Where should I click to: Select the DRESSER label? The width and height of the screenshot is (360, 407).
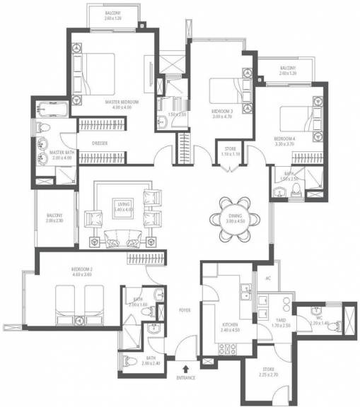pos(100,143)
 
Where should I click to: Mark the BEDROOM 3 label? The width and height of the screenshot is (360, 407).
pos(222,111)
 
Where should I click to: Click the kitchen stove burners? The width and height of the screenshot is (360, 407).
pos(228,347)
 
